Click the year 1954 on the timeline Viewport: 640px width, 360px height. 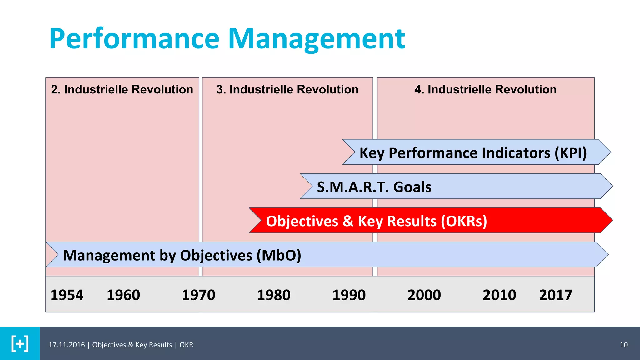pos(67,295)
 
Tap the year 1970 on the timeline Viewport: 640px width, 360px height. pos(198,295)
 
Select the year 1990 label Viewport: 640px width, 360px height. pos(349,295)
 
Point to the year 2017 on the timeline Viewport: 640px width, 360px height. pos(555,295)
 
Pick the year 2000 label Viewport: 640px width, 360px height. pos(424,295)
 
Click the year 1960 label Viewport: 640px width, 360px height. pos(123,295)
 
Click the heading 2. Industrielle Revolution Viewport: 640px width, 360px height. pos(122,89)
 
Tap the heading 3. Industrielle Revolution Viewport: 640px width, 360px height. pos(287,89)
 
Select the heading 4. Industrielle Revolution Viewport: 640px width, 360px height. pos(485,89)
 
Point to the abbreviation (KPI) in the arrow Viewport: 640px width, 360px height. pos(571,153)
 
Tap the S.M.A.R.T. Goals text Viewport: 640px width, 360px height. pos(374,187)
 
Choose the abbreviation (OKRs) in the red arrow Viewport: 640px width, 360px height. pos(464,221)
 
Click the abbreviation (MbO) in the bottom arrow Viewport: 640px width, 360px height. pos(279,255)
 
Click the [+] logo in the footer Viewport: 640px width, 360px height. pos(20,344)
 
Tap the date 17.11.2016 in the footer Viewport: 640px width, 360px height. pos(67,345)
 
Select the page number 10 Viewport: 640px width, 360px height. pos(623,345)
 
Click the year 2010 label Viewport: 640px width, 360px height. pos(499,295)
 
